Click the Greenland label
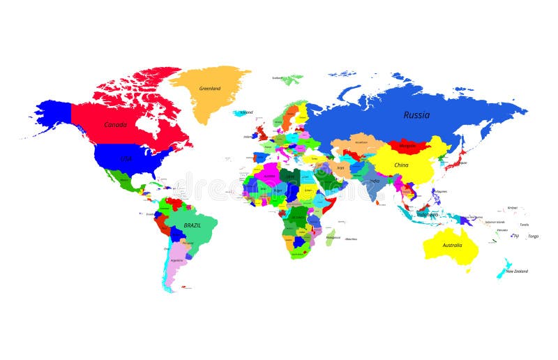(x=210, y=89)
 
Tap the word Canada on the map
(x=115, y=125)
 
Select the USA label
(x=126, y=159)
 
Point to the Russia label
(x=416, y=115)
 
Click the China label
(x=401, y=165)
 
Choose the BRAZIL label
(x=193, y=226)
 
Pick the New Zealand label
(x=517, y=271)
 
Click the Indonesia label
(x=428, y=215)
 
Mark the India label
(x=375, y=181)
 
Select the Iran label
(x=341, y=167)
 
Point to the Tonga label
(x=533, y=236)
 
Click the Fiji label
(x=515, y=236)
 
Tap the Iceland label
(x=246, y=112)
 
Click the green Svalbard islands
(x=293, y=79)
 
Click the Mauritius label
(x=352, y=239)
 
